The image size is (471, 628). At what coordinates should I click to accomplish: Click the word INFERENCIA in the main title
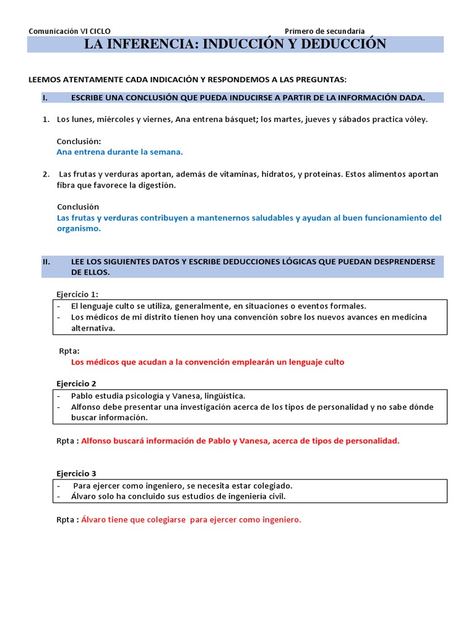pos(149,44)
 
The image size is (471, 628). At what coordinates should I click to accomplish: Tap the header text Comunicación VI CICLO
pos(70,31)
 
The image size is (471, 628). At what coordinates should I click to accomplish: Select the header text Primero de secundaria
pos(324,31)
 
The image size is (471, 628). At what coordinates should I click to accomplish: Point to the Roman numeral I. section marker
pos(45,98)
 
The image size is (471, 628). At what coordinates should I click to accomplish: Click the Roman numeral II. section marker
pos(47,261)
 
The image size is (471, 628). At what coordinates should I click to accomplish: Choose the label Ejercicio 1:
pos(77,294)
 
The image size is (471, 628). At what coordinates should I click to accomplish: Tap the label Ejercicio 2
pos(76,383)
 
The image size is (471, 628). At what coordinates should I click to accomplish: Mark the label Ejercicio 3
pos(76,473)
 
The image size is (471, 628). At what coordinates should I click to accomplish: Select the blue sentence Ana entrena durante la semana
pos(120,152)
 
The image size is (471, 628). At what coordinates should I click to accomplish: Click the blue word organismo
pos(78,228)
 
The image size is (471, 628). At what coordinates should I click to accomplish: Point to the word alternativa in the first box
pos(93,328)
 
